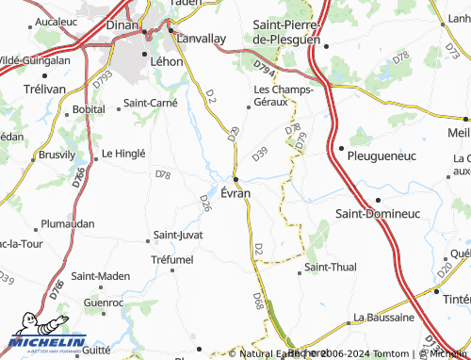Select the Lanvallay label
(x=203, y=39)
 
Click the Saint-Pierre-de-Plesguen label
(x=288, y=35)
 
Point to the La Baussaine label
(x=383, y=317)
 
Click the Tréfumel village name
(x=171, y=259)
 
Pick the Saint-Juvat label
(x=179, y=235)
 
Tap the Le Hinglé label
(x=123, y=153)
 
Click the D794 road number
(x=267, y=67)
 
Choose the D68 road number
(x=258, y=301)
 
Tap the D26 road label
(x=205, y=201)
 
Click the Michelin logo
(x=48, y=342)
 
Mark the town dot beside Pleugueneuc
(x=340, y=148)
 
